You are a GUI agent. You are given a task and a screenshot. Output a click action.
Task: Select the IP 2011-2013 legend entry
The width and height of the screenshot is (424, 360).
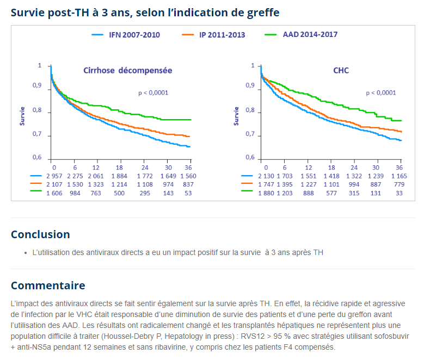[x=222, y=35]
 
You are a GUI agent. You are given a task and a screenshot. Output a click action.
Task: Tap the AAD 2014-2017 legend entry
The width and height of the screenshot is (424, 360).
[x=310, y=34]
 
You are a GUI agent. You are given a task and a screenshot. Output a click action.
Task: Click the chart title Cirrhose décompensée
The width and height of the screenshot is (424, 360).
[x=127, y=70]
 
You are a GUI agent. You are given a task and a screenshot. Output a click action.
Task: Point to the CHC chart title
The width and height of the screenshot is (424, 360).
[x=341, y=70]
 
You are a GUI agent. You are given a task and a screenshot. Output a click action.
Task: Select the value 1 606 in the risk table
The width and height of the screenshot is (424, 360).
[x=54, y=193]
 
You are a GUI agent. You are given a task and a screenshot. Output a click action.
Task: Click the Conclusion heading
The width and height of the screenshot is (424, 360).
[x=40, y=234]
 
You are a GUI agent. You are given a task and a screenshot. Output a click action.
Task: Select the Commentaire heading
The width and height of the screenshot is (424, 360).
[x=48, y=285]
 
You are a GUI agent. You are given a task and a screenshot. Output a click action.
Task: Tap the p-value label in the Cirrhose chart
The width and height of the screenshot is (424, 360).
[x=153, y=93]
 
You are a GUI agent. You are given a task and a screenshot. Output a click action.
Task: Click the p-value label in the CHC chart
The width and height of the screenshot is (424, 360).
[x=380, y=93]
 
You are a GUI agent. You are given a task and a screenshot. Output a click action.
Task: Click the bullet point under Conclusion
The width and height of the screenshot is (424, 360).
[x=26, y=253]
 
